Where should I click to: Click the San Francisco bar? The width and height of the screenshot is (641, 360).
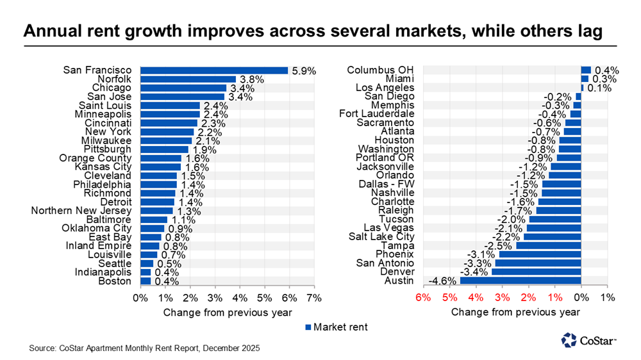tap(214, 70)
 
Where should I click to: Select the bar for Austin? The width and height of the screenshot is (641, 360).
tap(520, 281)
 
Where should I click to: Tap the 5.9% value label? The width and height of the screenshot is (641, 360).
tap(303, 71)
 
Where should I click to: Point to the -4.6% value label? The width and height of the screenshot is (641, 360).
tap(442, 281)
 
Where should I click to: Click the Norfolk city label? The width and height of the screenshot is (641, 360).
tap(113, 79)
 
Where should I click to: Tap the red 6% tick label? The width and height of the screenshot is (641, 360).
tap(422, 298)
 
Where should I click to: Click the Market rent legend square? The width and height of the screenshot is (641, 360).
tap(307, 327)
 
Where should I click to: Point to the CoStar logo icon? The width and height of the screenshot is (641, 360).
tap(569, 340)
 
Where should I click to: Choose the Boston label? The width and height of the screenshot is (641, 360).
tap(115, 281)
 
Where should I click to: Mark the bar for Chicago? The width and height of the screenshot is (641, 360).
tap(183, 88)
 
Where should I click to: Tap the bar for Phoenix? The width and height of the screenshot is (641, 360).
tap(540, 254)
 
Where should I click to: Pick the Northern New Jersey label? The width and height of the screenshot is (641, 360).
tap(81, 211)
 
